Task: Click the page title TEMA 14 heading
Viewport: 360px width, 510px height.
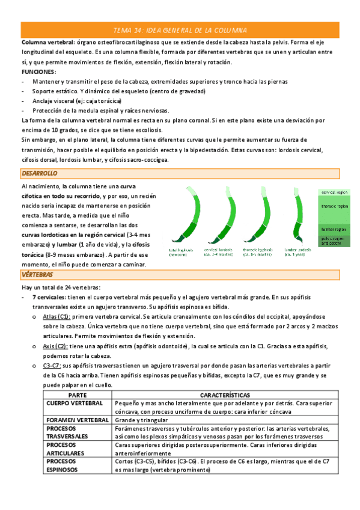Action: pos(180,30)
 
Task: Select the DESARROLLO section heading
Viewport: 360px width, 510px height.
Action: pos(39,173)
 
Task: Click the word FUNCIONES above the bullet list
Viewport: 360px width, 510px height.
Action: pos(38,72)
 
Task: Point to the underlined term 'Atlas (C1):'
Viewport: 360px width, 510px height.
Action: pos(57,316)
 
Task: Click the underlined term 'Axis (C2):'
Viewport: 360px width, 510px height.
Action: pos(55,347)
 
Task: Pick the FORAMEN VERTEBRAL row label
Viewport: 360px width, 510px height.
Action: pos(77,420)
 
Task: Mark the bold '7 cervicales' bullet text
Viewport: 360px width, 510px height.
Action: pos(50,297)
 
